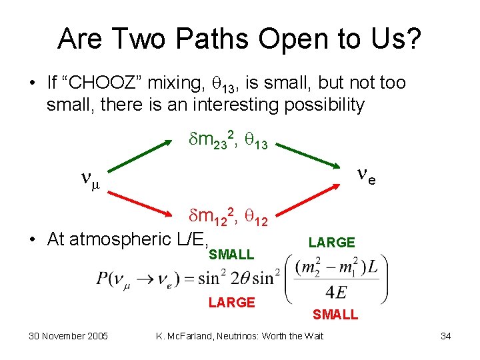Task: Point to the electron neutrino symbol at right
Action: tap(365, 175)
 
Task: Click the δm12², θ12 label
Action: tap(226, 215)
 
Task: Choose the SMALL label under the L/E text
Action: tap(231, 255)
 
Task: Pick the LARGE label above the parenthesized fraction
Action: tap(332, 243)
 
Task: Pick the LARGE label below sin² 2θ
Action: tap(231, 303)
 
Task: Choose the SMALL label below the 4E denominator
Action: tap(335, 315)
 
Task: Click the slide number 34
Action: tap(445, 336)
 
